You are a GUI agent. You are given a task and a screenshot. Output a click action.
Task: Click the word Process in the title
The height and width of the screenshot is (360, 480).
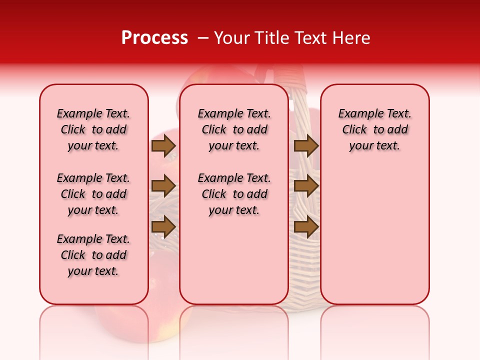click(x=154, y=38)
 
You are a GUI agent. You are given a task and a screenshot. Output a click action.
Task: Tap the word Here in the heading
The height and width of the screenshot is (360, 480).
click(x=352, y=38)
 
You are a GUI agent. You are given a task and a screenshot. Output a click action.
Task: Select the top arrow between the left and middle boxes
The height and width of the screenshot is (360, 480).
click(x=163, y=145)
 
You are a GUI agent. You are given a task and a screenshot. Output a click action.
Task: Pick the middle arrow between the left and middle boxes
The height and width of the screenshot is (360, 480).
click(x=163, y=186)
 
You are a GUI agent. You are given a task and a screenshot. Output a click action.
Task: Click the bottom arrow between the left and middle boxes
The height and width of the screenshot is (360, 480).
click(x=163, y=227)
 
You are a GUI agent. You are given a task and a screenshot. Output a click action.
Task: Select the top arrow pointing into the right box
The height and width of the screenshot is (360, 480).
click(x=306, y=145)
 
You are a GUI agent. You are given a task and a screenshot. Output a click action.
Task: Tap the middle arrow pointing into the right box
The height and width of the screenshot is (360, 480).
click(x=306, y=186)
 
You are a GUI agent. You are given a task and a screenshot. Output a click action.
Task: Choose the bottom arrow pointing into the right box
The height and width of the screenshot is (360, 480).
click(x=306, y=227)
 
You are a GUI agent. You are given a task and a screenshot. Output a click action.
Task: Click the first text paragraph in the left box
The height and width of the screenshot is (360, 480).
click(x=93, y=129)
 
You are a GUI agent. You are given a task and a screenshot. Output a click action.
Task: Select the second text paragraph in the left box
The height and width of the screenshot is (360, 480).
click(x=93, y=194)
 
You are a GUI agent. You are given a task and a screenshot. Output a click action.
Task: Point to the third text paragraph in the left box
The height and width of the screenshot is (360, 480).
click(x=93, y=255)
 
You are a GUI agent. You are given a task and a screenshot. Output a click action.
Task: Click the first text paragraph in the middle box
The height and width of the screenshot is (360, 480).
click(x=234, y=129)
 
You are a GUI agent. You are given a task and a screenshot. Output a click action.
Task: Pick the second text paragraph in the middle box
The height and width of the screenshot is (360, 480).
click(x=234, y=194)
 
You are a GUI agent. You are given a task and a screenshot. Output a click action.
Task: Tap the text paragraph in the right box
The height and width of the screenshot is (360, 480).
click(x=375, y=129)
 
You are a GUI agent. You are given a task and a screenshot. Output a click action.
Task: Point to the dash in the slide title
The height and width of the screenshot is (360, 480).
click(x=203, y=38)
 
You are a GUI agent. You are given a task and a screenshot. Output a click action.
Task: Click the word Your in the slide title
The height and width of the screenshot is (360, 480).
click(x=232, y=38)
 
